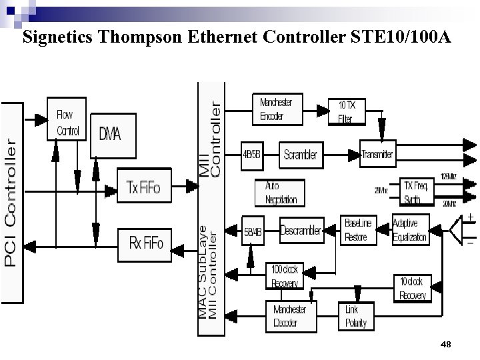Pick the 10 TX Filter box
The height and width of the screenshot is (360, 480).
pos(347,112)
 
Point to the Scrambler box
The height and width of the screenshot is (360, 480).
pos(300,155)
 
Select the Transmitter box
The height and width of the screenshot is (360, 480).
pos(377,155)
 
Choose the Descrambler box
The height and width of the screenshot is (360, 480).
pos(301,231)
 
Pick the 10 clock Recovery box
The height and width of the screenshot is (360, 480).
pos(412,289)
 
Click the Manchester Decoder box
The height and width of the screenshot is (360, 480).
pos(291,316)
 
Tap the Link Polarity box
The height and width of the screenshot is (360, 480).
pos(356,316)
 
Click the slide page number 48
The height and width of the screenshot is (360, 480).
pos(446,344)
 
